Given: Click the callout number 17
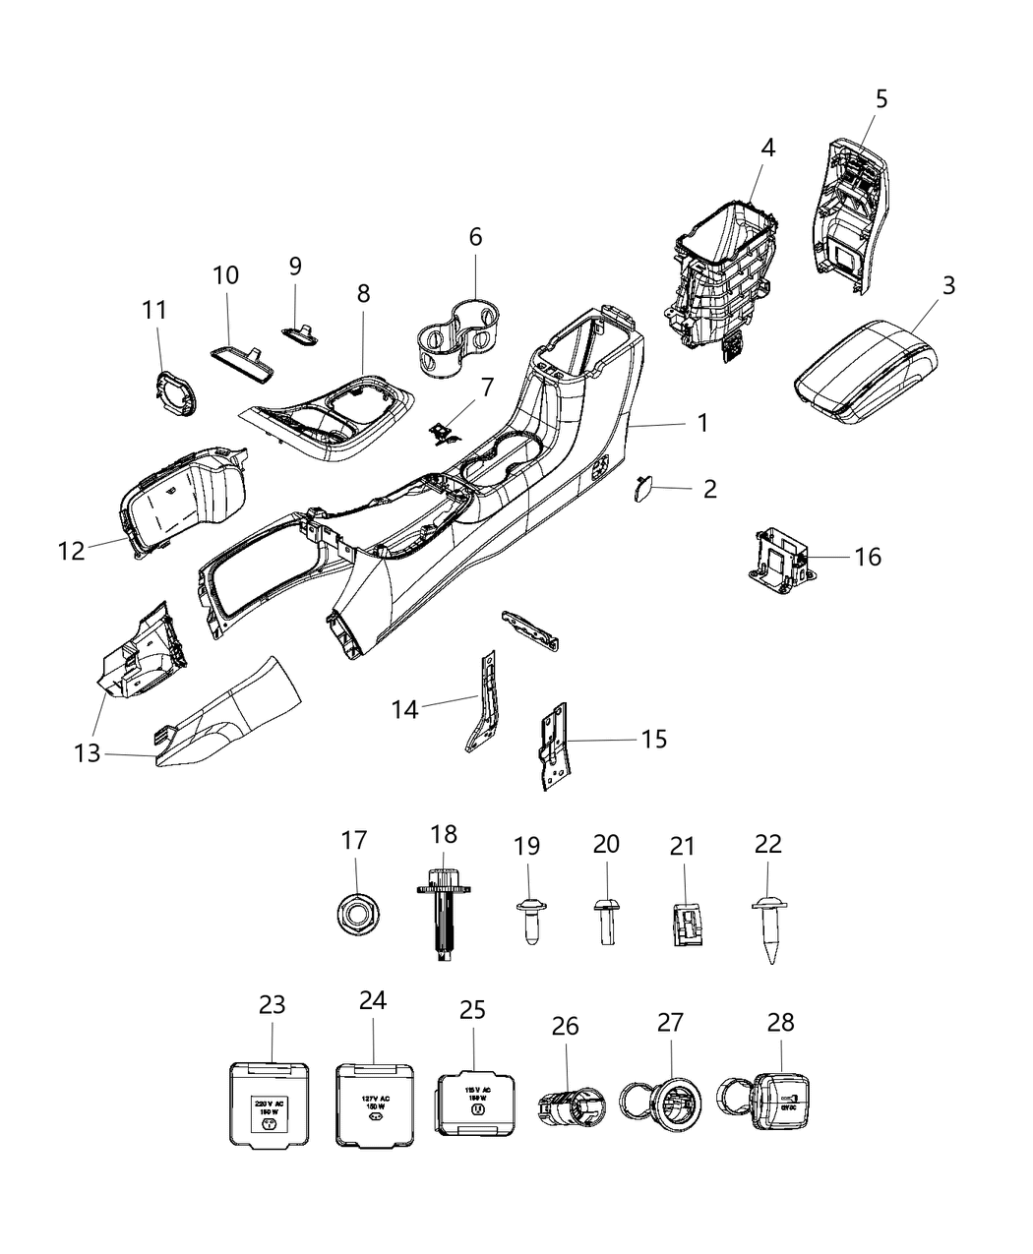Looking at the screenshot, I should pos(354,841).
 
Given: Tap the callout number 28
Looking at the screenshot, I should pos(781,1024).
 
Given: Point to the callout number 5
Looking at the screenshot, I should pos(881,98).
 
